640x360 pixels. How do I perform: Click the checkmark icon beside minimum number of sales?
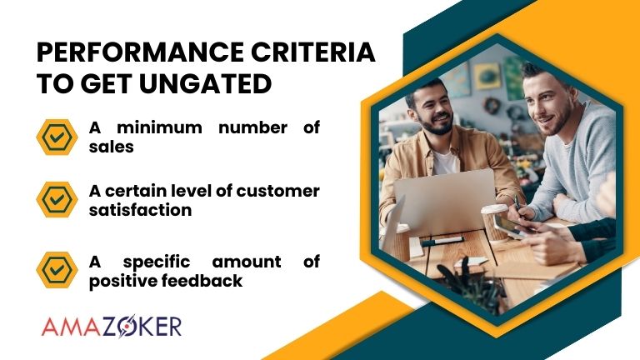click(x=57, y=135)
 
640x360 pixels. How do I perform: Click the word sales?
click(x=110, y=146)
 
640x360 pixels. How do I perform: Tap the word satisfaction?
click(x=140, y=209)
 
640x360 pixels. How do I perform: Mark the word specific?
click(x=158, y=262)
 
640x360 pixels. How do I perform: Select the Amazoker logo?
click(x=110, y=325)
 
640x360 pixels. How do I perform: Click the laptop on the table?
click(x=442, y=204)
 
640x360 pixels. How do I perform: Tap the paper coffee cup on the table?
click(x=494, y=222)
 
